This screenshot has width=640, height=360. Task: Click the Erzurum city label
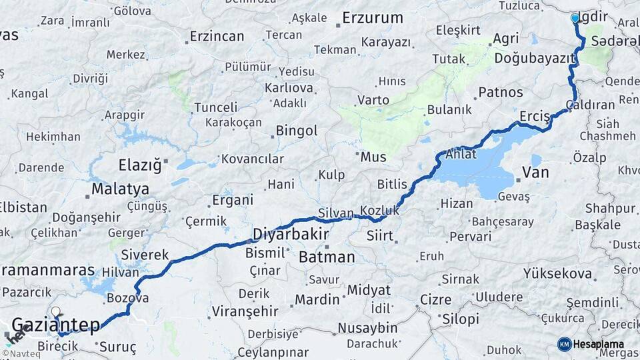coord(373,18)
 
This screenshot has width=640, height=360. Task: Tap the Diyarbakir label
coord(291,234)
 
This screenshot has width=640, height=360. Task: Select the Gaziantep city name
coord(57,325)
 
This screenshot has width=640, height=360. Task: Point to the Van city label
coord(535,173)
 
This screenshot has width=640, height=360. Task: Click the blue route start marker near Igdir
coord(575,19)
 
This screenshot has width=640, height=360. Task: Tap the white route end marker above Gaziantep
coord(56,311)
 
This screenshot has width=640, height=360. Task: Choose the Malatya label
coord(120,189)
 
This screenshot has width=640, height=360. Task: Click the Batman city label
coord(327,257)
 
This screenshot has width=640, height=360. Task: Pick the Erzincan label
coord(217,36)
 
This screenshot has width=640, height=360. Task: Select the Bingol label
coord(296,131)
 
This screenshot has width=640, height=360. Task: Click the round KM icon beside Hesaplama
coord(565,344)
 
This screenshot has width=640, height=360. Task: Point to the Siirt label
coord(380,235)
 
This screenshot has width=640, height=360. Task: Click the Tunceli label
coord(215,107)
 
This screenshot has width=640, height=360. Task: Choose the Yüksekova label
coord(557,273)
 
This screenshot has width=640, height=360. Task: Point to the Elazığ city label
coord(139,164)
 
